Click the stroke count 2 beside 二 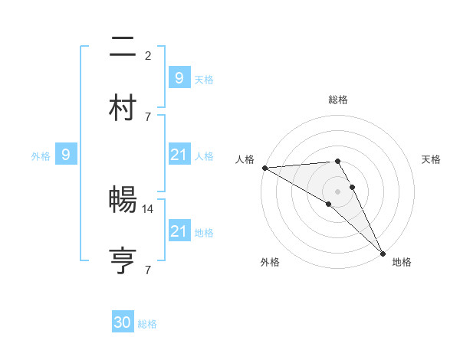point(148,55)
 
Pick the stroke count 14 point(149,208)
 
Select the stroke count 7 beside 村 point(148,116)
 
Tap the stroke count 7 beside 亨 point(148,270)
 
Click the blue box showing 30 point(123,322)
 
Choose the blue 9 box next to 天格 point(179,77)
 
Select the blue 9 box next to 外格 point(66,155)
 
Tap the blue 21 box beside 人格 point(179,155)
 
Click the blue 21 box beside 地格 point(179,231)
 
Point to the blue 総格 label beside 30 point(147,324)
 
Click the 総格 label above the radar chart point(338,100)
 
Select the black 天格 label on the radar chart point(432,159)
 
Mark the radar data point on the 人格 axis point(264,168)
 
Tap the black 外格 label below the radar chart point(270,262)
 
